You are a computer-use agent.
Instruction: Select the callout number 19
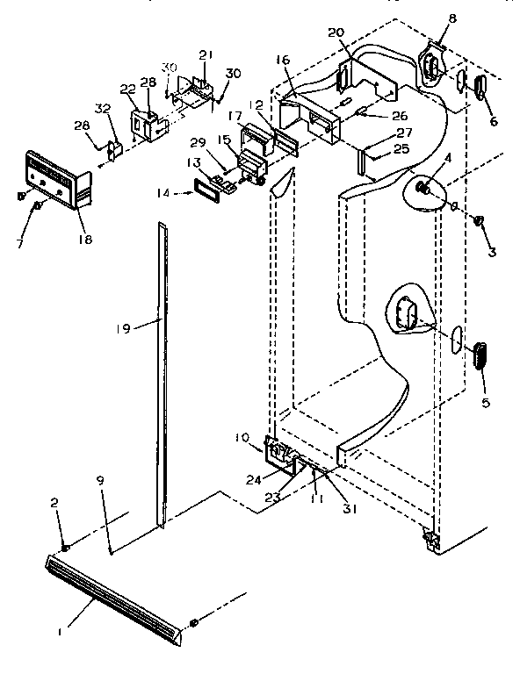coord(124,328)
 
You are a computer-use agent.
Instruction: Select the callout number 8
coord(451,18)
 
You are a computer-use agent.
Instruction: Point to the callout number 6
coord(493,121)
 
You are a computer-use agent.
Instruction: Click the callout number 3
coord(493,252)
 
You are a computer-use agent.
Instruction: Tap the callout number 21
coord(206,54)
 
